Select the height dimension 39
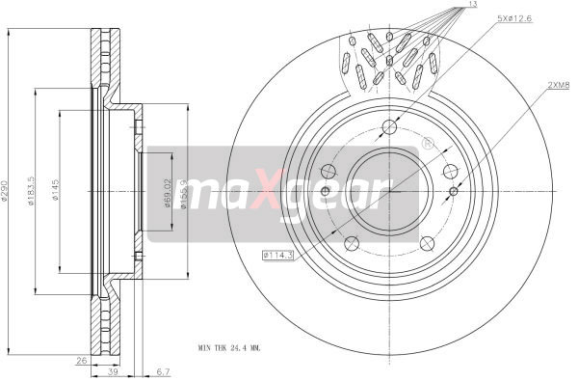[114, 371]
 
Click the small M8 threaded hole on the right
[453, 190]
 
